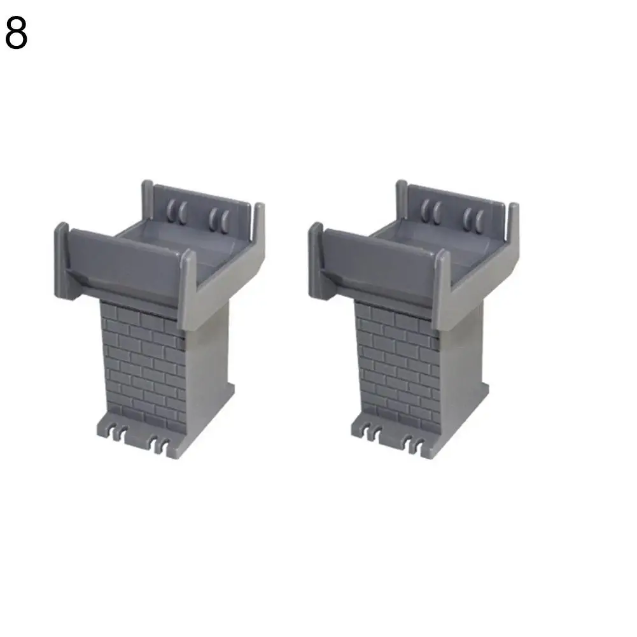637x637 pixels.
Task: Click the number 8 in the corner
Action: coord(17,33)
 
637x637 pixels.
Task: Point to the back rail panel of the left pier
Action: coord(201,211)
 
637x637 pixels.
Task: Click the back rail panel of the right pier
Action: coord(456,211)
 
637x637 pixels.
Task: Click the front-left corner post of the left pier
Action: coord(61,260)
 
